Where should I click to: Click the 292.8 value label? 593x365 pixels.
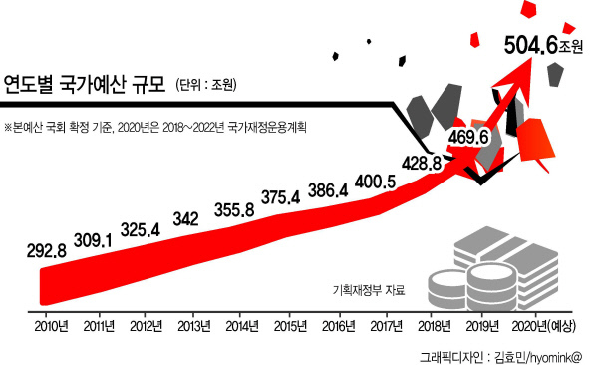click(x=47, y=250)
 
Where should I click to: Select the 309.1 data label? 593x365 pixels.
click(x=93, y=240)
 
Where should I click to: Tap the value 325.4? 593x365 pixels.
click(x=141, y=229)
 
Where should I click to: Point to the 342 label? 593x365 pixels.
click(x=185, y=219)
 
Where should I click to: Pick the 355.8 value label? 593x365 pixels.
click(x=234, y=209)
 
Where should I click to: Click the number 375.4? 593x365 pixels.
click(x=281, y=197)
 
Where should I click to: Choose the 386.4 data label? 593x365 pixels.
click(x=328, y=190)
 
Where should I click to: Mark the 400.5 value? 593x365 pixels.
click(x=375, y=182)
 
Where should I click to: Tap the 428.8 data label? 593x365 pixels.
click(x=422, y=163)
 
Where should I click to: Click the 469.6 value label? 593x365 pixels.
click(x=468, y=137)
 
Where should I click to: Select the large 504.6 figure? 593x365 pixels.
click(x=531, y=45)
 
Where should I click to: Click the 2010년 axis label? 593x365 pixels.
click(x=52, y=326)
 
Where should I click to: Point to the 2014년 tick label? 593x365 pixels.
click(x=242, y=326)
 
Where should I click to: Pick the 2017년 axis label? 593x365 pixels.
click(x=386, y=326)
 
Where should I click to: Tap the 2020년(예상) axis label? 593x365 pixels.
click(x=543, y=326)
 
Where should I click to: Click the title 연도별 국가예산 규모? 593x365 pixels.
click(x=85, y=84)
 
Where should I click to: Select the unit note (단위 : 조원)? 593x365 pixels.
click(x=206, y=84)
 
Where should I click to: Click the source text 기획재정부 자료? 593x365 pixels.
click(x=369, y=290)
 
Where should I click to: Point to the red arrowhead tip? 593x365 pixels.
click(x=533, y=58)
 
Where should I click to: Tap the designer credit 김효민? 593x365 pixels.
click(x=510, y=357)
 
